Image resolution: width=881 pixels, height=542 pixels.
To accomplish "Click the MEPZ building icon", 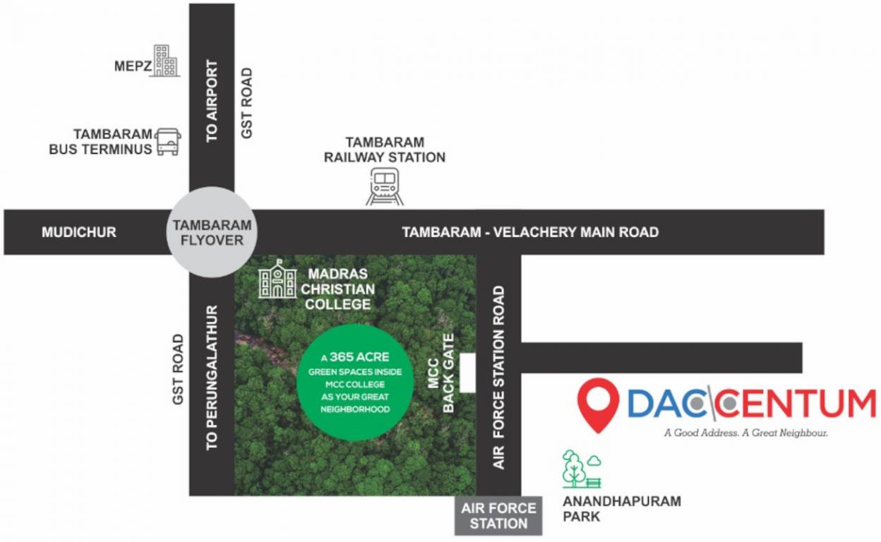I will (x=166, y=61).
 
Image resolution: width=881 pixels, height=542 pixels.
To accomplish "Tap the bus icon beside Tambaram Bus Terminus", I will (x=168, y=142).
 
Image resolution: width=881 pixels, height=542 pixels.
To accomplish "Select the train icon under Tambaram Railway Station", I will (x=385, y=187).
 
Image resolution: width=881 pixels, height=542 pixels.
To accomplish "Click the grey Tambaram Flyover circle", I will (x=212, y=232).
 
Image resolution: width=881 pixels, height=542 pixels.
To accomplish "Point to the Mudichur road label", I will (x=78, y=232).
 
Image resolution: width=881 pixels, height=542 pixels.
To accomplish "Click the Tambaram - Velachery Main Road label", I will (x=530, y=232).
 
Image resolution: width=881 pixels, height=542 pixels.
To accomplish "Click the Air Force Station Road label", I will (x=499, y=378).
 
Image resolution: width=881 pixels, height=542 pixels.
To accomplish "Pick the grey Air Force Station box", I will (x=498, y=516).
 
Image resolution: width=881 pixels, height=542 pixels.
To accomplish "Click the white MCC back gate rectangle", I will (x=467, y=373).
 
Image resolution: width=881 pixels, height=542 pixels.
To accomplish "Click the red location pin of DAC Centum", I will (x=598, y=402).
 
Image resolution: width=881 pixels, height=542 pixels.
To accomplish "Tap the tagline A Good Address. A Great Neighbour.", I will (x=745, y=433).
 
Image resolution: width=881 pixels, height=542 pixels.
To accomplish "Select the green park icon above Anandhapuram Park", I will (x=581, y=469).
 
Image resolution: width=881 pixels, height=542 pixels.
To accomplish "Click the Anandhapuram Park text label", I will (x=621, y=509).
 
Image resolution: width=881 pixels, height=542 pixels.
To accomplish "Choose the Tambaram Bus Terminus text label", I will (x=100, y=142).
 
